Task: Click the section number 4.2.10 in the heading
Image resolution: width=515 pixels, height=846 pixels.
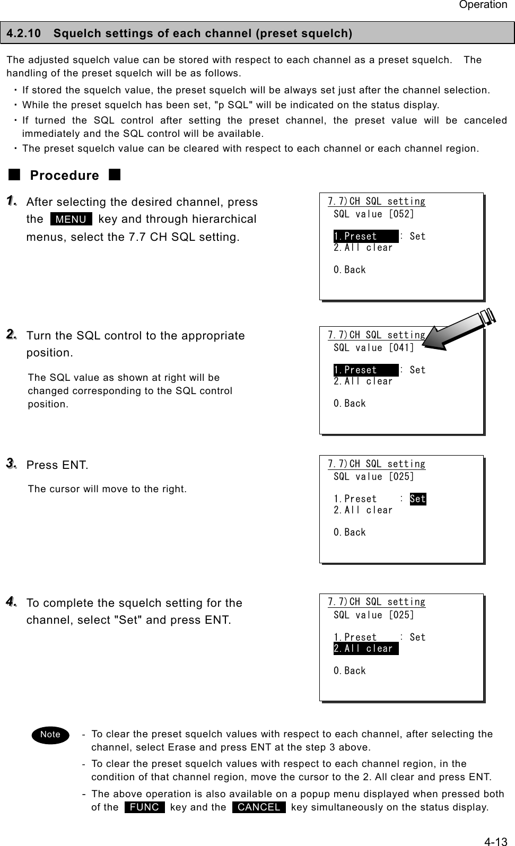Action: coord(24,33)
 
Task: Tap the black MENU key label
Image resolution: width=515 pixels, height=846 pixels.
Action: coord(71,219)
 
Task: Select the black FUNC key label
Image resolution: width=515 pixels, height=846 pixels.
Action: coord(144,807)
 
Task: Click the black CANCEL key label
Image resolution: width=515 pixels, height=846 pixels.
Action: coord(259,807)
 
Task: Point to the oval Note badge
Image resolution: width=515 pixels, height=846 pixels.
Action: coord(50,735)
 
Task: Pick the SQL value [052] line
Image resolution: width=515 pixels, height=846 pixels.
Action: coord(374,214)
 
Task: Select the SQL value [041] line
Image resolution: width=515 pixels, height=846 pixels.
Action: coord(374,348)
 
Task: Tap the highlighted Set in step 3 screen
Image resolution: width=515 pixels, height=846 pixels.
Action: coord(418,499)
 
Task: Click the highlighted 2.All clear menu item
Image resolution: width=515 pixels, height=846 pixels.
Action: coord(365,649)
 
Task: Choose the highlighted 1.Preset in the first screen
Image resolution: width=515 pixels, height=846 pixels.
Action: coord(365,237)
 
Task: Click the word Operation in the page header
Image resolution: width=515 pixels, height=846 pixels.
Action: coord(483,5)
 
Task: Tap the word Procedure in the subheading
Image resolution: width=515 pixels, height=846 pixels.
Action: coord(64,176)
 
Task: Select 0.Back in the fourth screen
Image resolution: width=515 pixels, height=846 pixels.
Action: coord(350,671)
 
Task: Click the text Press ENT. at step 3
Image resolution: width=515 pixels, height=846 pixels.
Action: coord(57,465)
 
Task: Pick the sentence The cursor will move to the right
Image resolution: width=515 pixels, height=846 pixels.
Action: coord(107,489)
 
